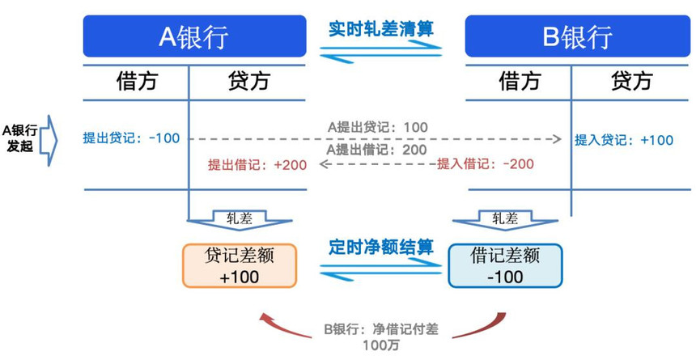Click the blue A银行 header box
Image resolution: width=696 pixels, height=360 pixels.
(193, 37)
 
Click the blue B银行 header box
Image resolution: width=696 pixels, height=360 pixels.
(576, 37)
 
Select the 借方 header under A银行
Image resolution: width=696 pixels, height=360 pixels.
(137, 81)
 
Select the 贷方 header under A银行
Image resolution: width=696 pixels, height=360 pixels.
(248, 81)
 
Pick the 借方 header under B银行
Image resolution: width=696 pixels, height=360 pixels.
(520, 81)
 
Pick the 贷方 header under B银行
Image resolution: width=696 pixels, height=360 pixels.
(631, 81)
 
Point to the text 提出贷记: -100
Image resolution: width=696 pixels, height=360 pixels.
(131, 138)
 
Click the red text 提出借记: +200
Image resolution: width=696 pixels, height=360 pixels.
(257, 165)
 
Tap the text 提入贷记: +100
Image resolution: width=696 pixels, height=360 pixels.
(624, 140)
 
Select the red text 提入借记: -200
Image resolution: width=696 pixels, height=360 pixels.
(486, 164)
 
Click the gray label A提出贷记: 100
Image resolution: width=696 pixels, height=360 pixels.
(377, 127)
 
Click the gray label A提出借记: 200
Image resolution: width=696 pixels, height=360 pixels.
(377, 150)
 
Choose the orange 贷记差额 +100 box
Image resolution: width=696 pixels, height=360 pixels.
(240, 265)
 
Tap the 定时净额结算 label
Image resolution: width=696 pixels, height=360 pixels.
(381, 246)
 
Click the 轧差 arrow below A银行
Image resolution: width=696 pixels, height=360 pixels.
(239, 219)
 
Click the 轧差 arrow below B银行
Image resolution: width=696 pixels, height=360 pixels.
(504, 219)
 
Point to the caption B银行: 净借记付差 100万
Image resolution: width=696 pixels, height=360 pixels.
(381, 335)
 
